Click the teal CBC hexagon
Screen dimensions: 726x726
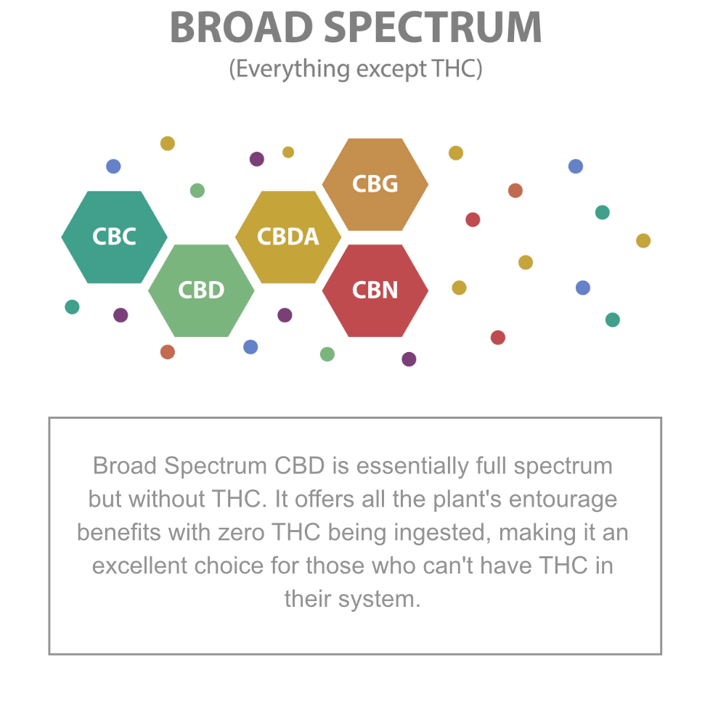tap(115, 237)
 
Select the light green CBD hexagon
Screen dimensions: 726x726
tap(201, 290)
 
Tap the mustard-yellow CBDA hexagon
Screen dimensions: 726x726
tap(288, 237)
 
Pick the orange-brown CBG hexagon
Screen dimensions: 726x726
tap(375, 184)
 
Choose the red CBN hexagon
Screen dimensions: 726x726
tap(375, 290)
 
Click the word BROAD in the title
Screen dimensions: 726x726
tap(242, 28)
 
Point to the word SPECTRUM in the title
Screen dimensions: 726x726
tap(433, 28)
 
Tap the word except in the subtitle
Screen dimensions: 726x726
tap(391, 70)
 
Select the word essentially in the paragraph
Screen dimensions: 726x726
tap(412, 466)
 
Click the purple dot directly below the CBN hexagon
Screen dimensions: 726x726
tap(409, 359)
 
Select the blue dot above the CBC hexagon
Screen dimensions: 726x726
tap(113, 166)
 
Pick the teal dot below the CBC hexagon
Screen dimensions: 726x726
tap(72, 307)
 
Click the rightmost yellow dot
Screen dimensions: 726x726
tap(643, 241)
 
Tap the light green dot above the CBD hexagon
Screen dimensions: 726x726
tap(197, 190)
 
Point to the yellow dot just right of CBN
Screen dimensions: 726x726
tap(459, 287)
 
